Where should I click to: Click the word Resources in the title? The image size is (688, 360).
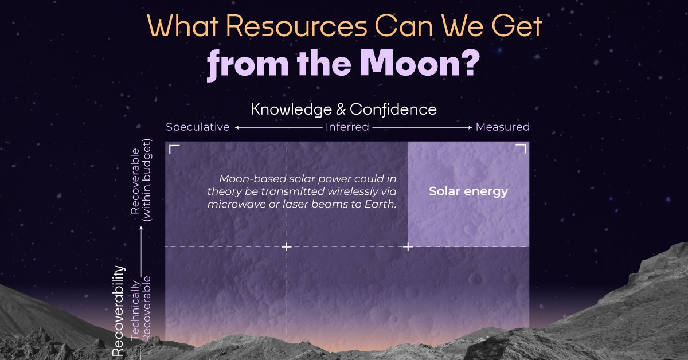pos(297,26)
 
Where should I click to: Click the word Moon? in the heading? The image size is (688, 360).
pos(420,63)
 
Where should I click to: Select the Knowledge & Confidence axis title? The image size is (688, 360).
pos(343,109)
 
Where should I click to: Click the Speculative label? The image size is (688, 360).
pos(197,127)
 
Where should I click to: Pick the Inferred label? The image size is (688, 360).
pos(347,127)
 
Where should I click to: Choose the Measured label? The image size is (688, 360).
pos(502,127)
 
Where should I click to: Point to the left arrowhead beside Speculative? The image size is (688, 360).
pos(237,127)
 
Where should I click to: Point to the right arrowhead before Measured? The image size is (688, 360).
pos(470,127)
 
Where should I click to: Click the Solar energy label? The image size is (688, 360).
pos(468,191)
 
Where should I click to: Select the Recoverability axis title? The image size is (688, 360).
pos(118,311)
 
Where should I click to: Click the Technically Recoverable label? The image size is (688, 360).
pos(140,309)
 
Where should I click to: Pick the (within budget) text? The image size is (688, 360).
pos(147,180)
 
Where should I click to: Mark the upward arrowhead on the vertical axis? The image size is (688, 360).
pos(141,228)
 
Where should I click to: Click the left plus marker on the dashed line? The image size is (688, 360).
pos(287,246)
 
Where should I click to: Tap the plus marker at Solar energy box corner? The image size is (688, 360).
pos(408,246)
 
